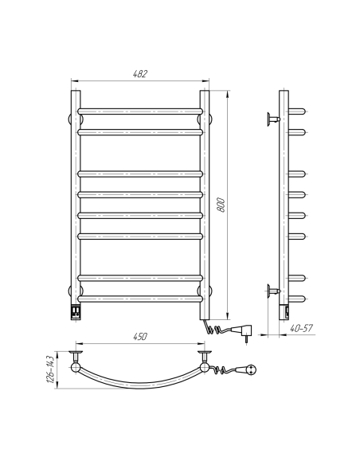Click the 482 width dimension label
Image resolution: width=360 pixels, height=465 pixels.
[140, 73]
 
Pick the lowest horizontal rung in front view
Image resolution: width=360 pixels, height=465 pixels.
[140, 299]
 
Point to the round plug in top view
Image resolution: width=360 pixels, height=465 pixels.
[253, 368]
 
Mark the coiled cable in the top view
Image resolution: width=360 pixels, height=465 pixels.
[227, 369]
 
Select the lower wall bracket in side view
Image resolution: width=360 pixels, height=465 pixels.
[273, 291]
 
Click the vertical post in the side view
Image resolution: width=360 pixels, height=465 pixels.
[284, 207]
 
